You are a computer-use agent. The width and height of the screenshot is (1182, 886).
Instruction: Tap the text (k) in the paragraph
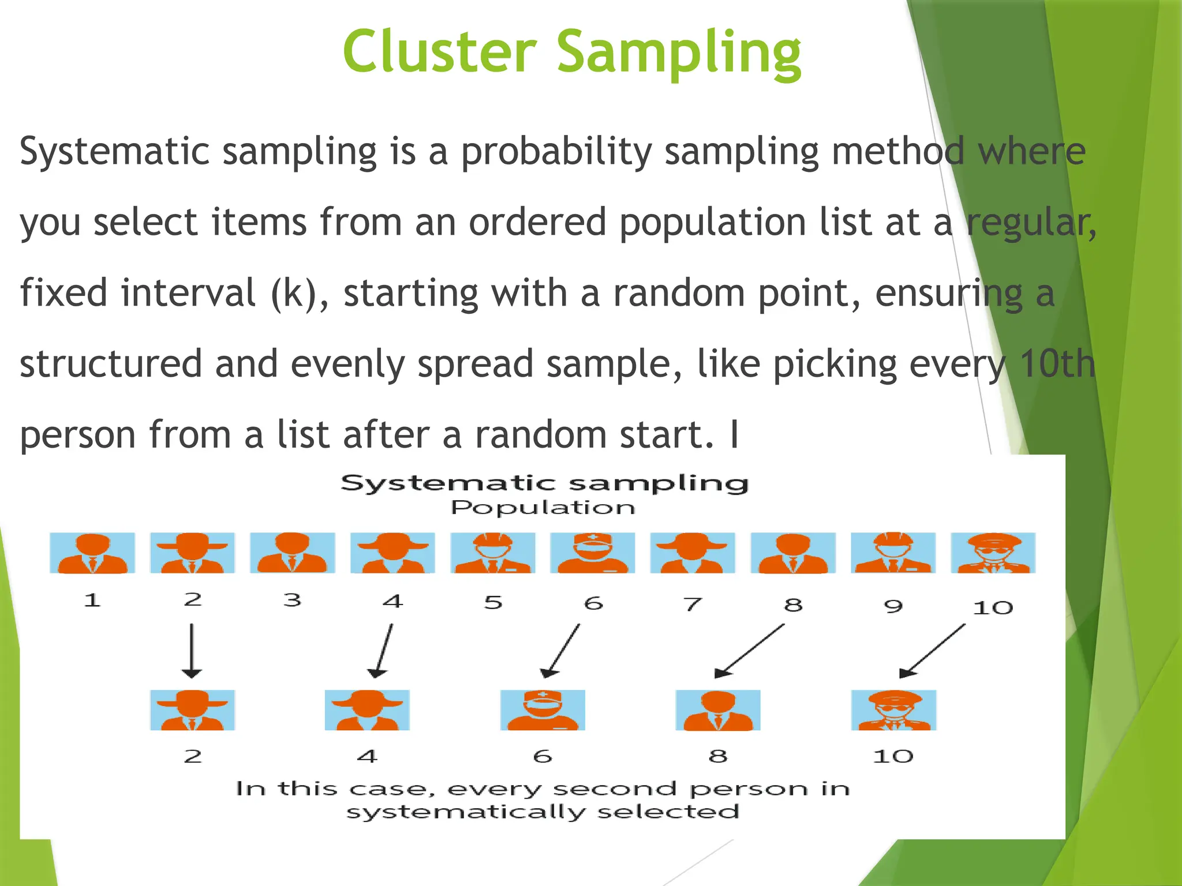pyautogui.click(x=294, y=294)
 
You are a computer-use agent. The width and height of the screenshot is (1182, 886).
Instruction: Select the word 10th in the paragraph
pyautogui.click(x=1057, y=364)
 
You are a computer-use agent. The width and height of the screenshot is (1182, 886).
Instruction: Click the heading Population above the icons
pyautogui.click(x=543, y=508)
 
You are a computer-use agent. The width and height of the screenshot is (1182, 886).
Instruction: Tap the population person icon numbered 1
pyautogui.click(x=92, y=553)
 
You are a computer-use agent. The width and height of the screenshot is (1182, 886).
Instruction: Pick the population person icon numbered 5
pyautogui.click(x=492, y=553)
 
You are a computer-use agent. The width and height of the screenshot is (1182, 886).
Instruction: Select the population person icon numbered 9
pyautogui.click(x=893, y=553)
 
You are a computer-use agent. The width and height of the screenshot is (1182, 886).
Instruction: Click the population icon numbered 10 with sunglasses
pyautogui.click(x=993, y=553)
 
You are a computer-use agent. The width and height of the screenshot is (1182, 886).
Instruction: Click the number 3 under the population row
pyautogui.click(x=292, y=600)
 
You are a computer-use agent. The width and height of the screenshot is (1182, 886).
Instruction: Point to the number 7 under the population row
pyautogui.click(x=693, y=604)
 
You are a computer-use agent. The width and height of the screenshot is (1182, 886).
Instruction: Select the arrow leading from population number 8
pyautogui.click(x=750, y=651)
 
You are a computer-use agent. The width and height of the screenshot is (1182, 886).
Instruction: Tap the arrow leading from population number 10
pyautogui.click(x=932, y=651)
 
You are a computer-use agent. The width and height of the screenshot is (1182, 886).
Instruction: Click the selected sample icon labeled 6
pyautogui.click(x=543, y=709)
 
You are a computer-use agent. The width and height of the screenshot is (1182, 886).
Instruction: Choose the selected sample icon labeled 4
pyautogui.click(x=367, y=709)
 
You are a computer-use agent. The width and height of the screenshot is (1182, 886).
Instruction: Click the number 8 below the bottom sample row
pyautogui.click(x=717, y=756)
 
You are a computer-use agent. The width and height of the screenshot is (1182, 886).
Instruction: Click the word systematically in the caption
pyautogui.click(x=465, y=812)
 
